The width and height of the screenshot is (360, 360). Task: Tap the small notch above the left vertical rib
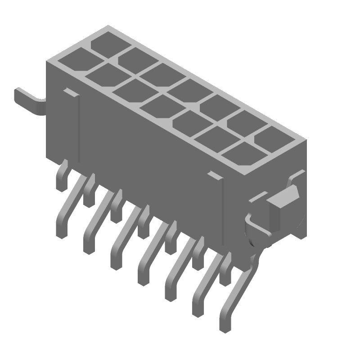point(70,92)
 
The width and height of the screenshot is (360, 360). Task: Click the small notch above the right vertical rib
point(215,176)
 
